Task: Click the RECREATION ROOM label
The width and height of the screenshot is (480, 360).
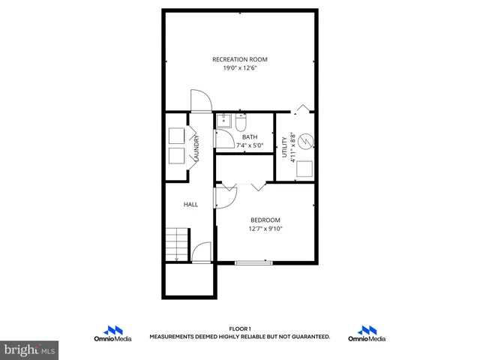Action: click(239, 59)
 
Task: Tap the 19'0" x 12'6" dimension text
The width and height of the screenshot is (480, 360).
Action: click(239, 68)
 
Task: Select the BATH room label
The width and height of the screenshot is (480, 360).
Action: click(249, 137)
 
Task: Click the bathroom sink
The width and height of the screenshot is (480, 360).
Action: click(223, 121)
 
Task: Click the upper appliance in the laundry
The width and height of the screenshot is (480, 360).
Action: click(177, 136)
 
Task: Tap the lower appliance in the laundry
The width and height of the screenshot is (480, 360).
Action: click(177, 156)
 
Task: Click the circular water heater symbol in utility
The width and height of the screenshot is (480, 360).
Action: click(306, 140)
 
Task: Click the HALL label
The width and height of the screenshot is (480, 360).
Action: click(191, 204)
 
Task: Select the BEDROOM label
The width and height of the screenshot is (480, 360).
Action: click(265, 220)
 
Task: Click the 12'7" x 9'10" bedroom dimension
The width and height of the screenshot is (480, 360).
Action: click(265, 229)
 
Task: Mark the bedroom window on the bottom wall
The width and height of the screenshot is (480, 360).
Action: click(253, 262)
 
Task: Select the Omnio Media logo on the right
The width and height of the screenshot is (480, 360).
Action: click(367, 334)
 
